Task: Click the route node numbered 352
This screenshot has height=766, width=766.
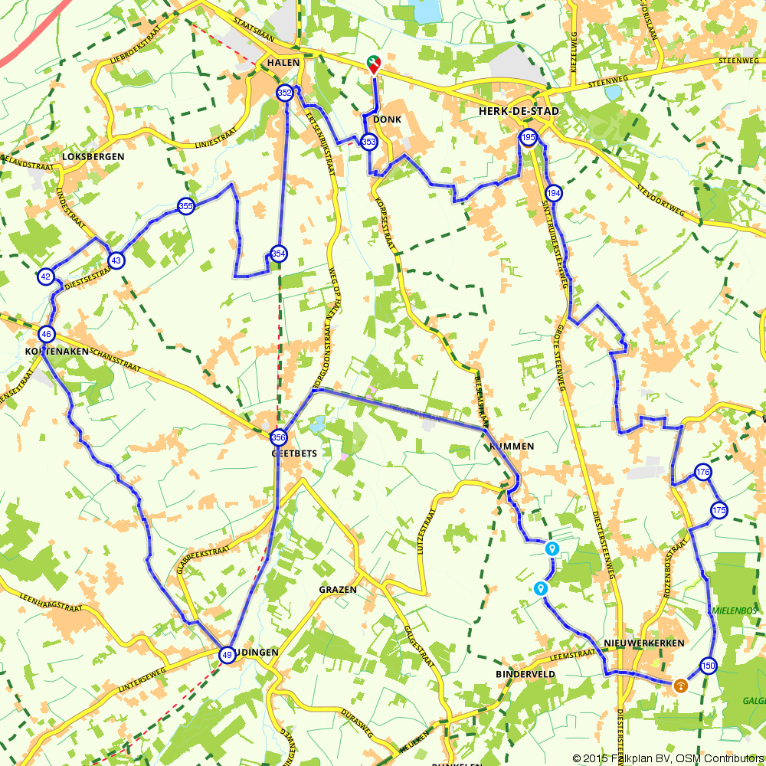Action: (x=285, y=93)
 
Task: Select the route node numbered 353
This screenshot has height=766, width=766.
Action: (x=369, y=142)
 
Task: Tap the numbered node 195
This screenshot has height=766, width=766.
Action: (x=528, y=138)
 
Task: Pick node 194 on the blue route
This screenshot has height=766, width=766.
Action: (x=555, y=193)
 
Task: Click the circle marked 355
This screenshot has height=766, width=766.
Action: (x=185, y=205)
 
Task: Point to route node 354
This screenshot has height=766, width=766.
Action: (x=278, y=254)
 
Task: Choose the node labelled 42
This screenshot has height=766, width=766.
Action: (x=45, y=277)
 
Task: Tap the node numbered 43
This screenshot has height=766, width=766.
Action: (x=116, y=260)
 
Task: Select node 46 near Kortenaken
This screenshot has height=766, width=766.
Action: (x=47, y=334)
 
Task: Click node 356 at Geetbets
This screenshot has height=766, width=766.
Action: (x=278, y=437)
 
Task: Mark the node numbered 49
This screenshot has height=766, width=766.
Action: (x=227, y=655)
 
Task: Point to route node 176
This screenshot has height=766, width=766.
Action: (x=702, y=471)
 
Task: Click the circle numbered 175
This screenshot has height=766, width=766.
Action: (x=719, y=510)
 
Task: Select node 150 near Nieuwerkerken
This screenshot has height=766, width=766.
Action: (x=708, y=666)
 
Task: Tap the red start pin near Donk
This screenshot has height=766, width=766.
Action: (x=374, y=65)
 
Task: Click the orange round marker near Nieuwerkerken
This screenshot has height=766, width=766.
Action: (x=679, y=686)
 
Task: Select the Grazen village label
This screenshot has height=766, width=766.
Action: (x=338, y=590)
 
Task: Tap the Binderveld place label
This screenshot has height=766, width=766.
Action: (x=525, y=674)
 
